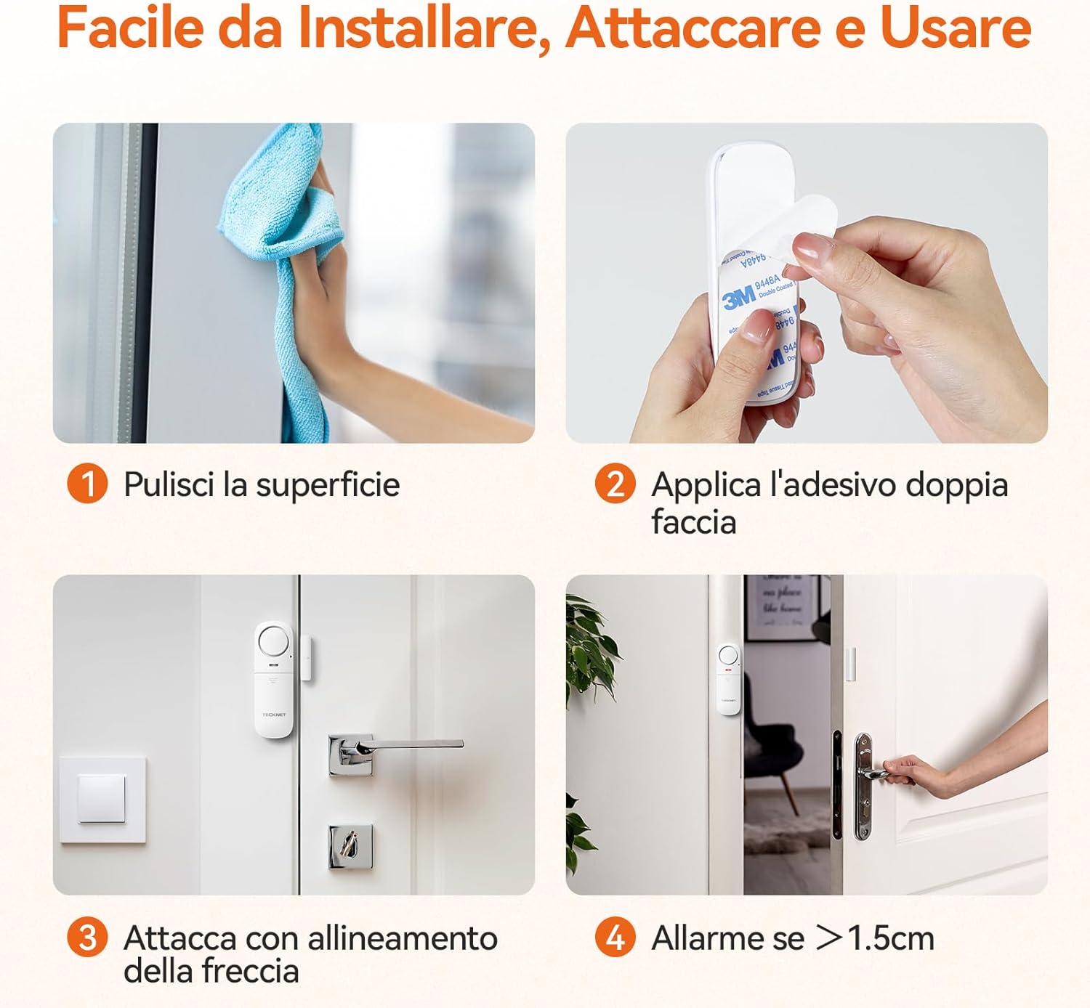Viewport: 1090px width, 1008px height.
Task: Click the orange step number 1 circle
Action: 87,484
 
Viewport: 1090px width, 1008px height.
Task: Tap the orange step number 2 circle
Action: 615,484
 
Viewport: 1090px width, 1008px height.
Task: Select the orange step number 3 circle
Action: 87,937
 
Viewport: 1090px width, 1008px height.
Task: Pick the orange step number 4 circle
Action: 615,937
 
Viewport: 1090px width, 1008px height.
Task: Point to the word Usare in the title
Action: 956,28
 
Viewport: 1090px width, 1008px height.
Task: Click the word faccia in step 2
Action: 693,522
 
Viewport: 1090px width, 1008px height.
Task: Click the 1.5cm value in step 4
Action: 891,938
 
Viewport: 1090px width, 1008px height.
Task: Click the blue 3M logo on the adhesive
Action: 738,298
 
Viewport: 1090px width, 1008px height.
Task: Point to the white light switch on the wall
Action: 102,799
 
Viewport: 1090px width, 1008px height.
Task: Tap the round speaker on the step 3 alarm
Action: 274,641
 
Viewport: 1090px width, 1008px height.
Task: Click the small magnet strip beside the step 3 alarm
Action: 307,657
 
